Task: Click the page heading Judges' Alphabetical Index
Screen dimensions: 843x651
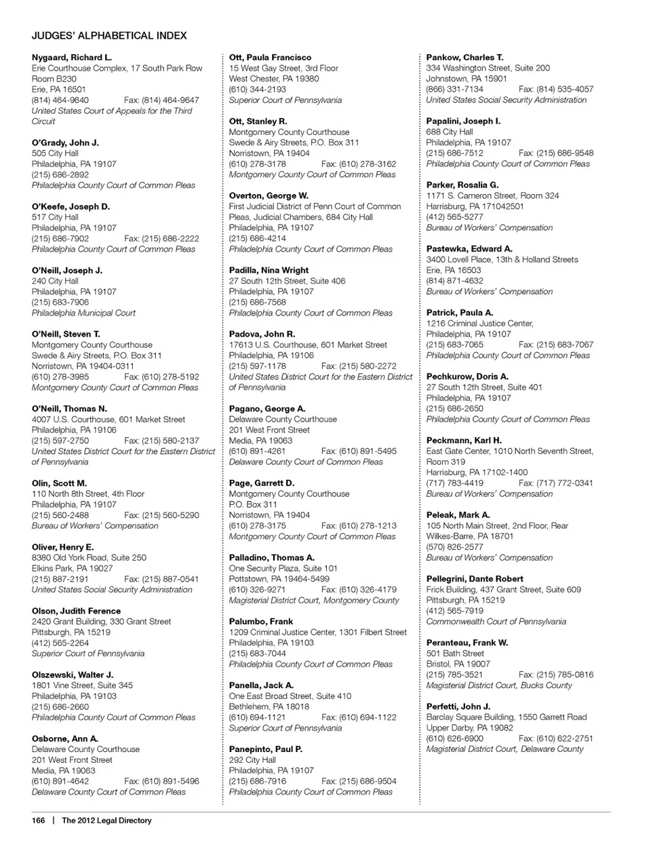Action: coord(109,35)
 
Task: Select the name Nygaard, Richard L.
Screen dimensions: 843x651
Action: coord(72,58)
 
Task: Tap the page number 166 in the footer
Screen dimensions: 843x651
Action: coord(38,821)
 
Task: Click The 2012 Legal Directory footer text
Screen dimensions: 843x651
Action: coord(106,821)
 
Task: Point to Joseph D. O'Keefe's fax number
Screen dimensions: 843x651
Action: coord(161,239)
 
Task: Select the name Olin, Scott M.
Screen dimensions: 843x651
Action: coord(59,483)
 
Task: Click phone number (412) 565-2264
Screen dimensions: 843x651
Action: coord(60,643)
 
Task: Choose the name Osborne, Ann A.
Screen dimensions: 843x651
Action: coord(65,738)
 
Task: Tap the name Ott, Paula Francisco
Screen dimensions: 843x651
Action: coord(270,58)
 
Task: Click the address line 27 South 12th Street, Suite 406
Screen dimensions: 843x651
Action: coord(287,281)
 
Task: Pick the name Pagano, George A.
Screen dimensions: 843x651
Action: coord(267,409)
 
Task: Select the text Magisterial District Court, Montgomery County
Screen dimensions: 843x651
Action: coord(314,600)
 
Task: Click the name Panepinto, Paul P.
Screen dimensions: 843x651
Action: coord(266,749)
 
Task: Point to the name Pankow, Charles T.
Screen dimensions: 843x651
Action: coord(465,58)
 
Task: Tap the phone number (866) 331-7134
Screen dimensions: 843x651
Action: coord(455,89)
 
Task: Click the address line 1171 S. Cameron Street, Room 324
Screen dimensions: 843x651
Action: coord(492,195)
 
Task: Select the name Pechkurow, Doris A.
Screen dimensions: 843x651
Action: coord(467,377)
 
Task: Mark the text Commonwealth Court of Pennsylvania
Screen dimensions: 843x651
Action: coord(496,621)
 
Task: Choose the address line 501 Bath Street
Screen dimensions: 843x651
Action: coord(455,654)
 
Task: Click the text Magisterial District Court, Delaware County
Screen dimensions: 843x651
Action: coord(505,749)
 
